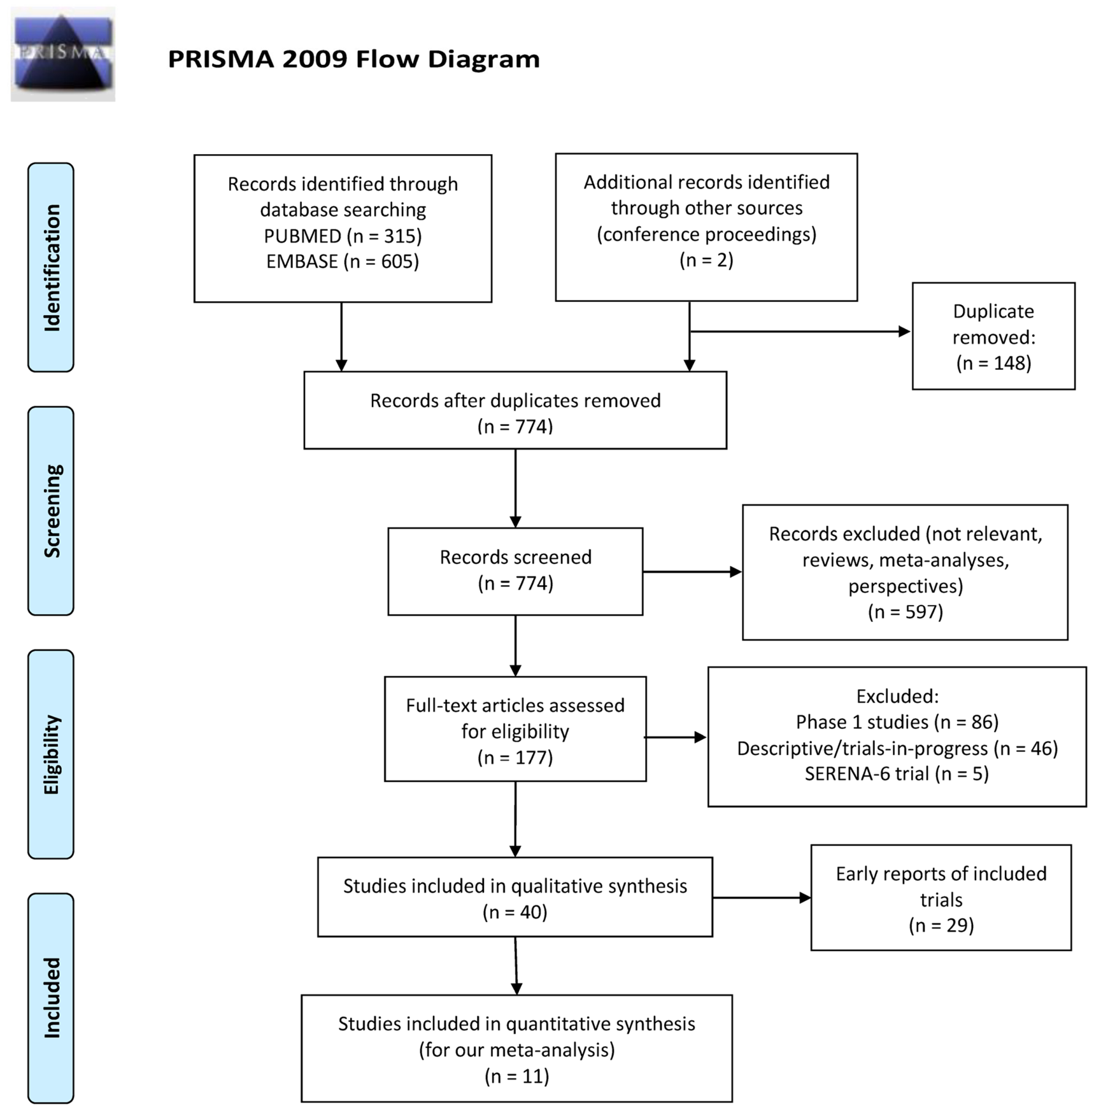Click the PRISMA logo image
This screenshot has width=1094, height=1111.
click(62, 54)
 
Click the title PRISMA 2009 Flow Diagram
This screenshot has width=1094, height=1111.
click(353, 59)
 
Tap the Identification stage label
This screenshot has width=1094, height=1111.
click(52, 267)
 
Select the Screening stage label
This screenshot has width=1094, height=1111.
click(52, 511)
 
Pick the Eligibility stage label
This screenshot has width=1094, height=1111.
click(52, 754)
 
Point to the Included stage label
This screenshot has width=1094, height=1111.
click(52, 998)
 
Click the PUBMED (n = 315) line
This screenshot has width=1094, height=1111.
click(343, 236)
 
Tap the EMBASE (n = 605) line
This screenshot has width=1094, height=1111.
click(343, 261)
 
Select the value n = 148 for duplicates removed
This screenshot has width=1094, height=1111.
click(993, 363)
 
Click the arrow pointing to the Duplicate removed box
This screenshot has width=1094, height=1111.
click(800, 331)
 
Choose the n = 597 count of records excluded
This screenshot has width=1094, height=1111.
click(905, 612)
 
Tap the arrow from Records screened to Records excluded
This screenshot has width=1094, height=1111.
click(692, 572)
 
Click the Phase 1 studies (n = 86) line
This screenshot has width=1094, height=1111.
click(897, 722)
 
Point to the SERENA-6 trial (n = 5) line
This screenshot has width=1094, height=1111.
click(897, 774)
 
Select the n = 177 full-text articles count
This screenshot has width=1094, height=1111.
click(515, 758)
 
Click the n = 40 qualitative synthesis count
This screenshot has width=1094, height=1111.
click(515, 912)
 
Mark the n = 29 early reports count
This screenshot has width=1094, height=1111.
click(941, 925)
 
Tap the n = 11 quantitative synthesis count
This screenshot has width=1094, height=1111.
click(516, 1076)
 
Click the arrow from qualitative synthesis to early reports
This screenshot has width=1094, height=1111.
click(762, 898)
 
